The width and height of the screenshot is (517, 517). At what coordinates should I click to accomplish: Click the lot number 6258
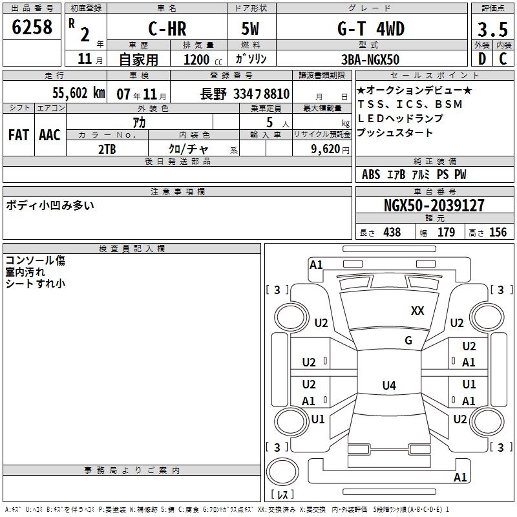(32, 26)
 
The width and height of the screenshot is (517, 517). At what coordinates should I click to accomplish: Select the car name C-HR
(167, 28)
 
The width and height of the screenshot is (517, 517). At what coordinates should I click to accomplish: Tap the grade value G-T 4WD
(371, 28)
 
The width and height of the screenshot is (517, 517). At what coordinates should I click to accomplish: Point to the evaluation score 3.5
(492, 29)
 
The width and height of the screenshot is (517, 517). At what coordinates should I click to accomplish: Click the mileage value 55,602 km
(79, 93)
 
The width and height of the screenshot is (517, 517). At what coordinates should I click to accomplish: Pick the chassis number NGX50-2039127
(434, 206)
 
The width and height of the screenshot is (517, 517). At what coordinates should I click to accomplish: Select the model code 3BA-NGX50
(370, 59)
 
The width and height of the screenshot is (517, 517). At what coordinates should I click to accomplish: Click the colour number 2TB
(107, 149)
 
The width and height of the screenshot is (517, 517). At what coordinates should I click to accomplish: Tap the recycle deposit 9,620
(326, 149)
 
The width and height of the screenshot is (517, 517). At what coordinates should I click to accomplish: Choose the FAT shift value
(19, 135)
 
